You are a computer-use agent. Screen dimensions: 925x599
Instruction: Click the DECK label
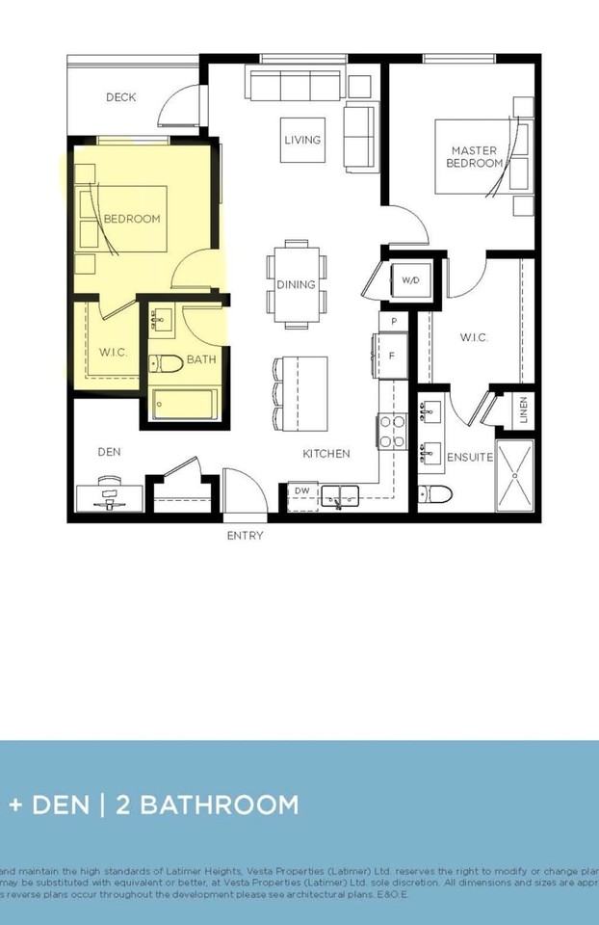(121, 97)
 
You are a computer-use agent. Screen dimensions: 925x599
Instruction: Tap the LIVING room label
(302, 140)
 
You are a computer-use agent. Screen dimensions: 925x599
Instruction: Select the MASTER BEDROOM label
(474, 157)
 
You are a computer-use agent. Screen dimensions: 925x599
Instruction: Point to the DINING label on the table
(296, 284)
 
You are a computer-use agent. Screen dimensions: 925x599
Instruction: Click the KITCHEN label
(326, 453)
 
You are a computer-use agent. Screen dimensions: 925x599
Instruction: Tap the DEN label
(108, 451)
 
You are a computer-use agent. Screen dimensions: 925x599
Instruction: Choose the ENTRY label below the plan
(245, 536)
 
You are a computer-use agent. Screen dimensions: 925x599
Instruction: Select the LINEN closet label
(522, 410)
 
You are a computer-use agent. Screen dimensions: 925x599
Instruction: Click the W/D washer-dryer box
(410, 280)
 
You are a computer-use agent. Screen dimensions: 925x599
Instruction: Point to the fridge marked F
(392, 356)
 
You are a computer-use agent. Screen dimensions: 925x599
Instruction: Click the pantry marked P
(393, 320)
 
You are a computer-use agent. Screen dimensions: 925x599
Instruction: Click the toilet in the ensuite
(436, 494)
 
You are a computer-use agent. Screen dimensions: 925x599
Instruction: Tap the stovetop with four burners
(393, 430)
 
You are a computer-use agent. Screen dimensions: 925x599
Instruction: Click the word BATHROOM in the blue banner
(221, 805)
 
